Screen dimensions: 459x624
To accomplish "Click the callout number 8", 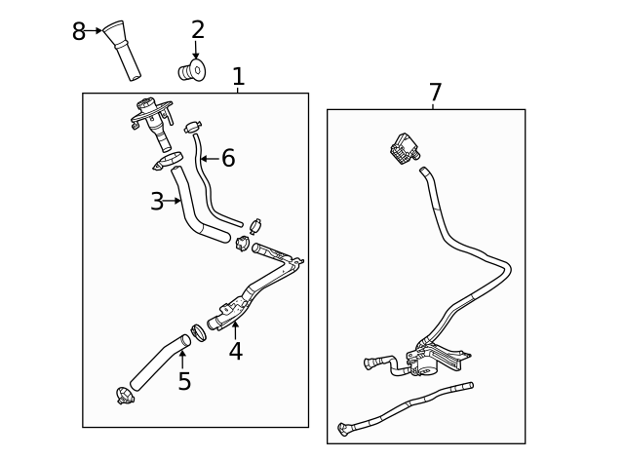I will click(79, 32).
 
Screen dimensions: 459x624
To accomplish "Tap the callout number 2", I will click(197, 30).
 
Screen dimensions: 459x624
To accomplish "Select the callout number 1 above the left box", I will click(238, 77).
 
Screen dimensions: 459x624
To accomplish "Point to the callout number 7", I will click(435, 94).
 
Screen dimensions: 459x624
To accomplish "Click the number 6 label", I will click(228, 159).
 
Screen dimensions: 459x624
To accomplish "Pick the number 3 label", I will click(157, 202).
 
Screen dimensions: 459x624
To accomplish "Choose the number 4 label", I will click(235, 352).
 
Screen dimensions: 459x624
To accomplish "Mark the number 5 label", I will click(184, 382).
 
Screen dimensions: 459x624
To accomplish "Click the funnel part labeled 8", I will click(123, 49).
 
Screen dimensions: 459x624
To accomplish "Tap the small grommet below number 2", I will click(193, 70).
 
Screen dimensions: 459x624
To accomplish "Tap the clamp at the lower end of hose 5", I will click(124, 396).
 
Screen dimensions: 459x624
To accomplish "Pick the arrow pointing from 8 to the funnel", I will click(95, 31).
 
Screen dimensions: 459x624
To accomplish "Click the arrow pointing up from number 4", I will click(235, 329).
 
